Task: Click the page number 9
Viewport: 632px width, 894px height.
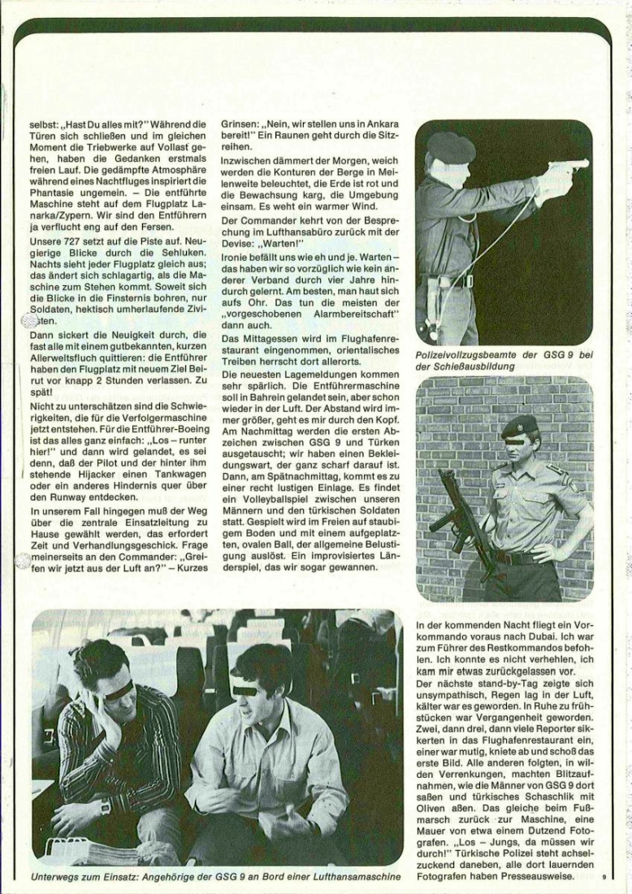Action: point(604,876)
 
